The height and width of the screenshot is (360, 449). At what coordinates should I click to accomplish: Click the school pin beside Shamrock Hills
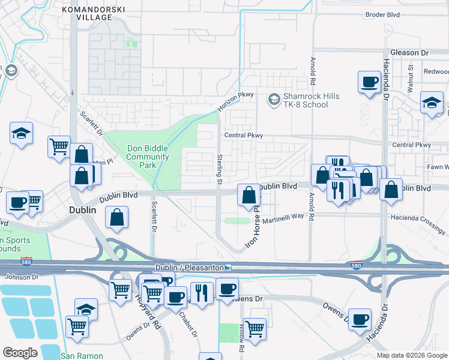tap(274, 98)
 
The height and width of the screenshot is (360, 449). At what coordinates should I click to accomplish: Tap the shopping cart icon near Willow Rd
tap(255, 328)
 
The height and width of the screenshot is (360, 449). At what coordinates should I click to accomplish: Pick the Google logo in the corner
tap(20, 353)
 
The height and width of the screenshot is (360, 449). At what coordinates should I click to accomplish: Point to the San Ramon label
tap(82, 356)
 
